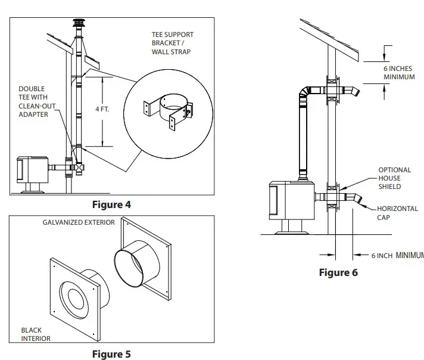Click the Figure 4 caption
pyautogui.click(x=111, y=204)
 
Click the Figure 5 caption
pyautogui.click(x=111, y=354)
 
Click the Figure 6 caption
pyautogui.click(x=338, y=272)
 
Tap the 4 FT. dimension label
pyautogui.click(x=102, y=109)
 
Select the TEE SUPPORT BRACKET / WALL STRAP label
pyautogui.click(x=173, y=44)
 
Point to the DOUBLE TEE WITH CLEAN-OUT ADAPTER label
pyautogui.click(x=37, y=101)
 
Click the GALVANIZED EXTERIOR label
pyautogui.click(x=79, y=222)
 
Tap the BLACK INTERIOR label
pyautogui.click(x=36, y=334)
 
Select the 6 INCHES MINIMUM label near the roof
pyautogui.click(x=399, y=73)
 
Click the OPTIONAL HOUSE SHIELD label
pyautogui.click(x=395, y=178)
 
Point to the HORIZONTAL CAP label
pyautogui.click(x=397, y=213)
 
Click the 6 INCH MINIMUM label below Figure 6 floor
pyautogui.click(x=398, y=256)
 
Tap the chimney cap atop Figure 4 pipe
pyautogui.click(x=79, y=23)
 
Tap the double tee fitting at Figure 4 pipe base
pyautogui.click(x=79, y=167)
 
